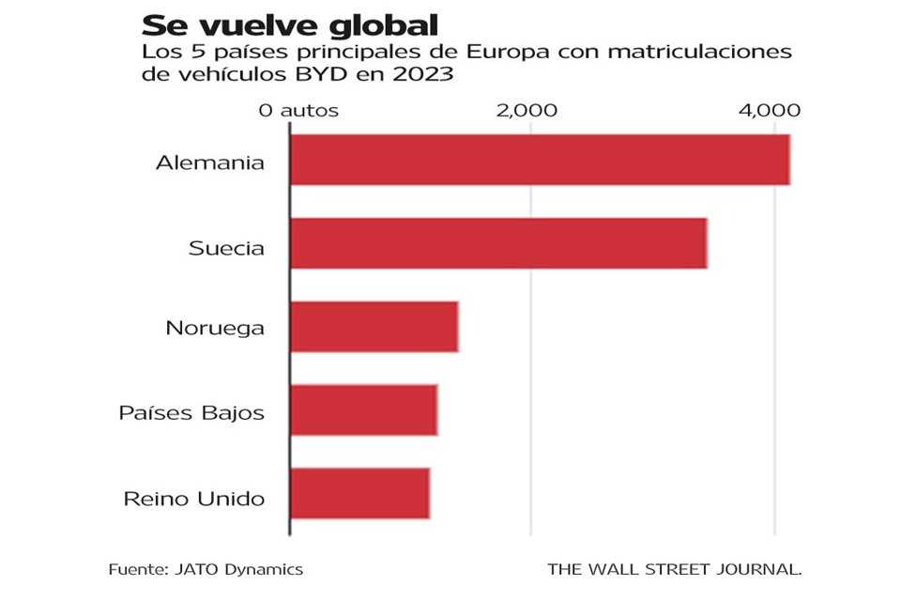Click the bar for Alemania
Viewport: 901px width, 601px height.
(540, 160)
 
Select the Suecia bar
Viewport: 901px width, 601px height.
(498, 243)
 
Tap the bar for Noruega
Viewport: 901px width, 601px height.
(374, 327)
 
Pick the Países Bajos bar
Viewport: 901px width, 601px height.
(363, 409)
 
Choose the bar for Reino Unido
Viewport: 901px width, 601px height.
(359, 493)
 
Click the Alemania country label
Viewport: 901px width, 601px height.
(210, 162)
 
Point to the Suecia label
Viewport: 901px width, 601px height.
(226, 249)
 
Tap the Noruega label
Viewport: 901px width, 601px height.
(215, 329)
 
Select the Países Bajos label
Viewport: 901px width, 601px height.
(191, 412)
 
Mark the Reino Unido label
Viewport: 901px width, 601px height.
(194, 498)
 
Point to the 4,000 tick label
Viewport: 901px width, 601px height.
(770, 110)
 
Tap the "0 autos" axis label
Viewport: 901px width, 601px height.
(298, 110)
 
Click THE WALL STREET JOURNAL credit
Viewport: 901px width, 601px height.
(675, 569)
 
